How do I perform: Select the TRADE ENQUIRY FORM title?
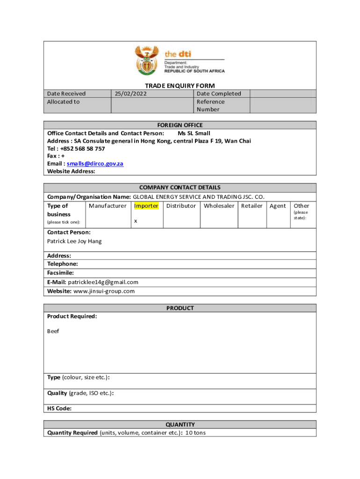(180, 86)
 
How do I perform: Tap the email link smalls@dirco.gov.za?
(95, 164)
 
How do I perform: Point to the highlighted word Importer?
(146, 206)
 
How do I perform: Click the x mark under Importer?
(136, 221)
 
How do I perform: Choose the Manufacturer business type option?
(108, 206)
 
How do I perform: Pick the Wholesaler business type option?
(219, 206)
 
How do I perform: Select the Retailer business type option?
(252, 206)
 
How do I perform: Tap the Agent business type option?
(278, 206)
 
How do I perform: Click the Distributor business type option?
(181, 206)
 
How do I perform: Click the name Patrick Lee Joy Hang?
(74, 241)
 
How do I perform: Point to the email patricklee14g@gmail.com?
(103, 282)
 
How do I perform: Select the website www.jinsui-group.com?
(104, 291)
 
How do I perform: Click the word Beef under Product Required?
(53, 331)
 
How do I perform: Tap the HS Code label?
(59, 408)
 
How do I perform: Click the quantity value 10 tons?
(195, 433)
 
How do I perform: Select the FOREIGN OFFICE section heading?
(180, 125)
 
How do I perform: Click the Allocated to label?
(64, 102)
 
